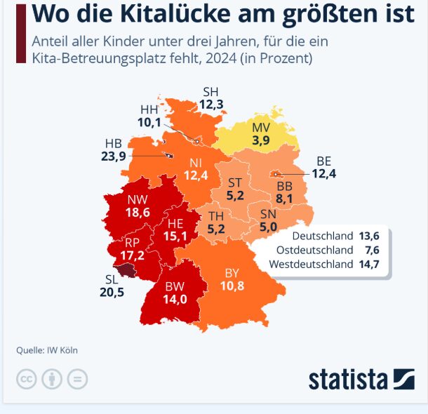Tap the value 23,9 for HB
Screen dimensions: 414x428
pyautogui.click(x=113, y=156)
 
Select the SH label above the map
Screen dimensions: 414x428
pyautogui.click(x=210, y=92)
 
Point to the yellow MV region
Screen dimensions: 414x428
pyautogui.click(x=260, y=134)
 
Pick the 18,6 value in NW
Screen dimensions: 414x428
pyautogui.click(x=138, y=211)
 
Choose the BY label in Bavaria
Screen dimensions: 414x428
pyautogui.click(x=232, y=274)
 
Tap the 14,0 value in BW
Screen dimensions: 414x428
pyautogui.click(x=175, y=298)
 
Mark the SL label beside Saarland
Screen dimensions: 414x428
pyautogui.click(x=111, y=279)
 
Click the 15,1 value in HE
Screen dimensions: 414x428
pyautogui.click(x=175, y=236)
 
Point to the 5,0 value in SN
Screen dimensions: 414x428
pyautogui.click(x=267, y=227)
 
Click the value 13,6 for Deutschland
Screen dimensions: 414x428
pyautogui.click(x=368, y=235)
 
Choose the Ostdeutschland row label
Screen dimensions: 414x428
pyautogui.click(x=314, y=250)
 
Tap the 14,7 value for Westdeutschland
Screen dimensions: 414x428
pyautogui.click(x=368, y=265)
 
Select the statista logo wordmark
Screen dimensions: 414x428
pyautogui.click(x=348, y=380)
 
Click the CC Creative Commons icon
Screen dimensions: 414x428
pyautogui.click(x=26, y=380)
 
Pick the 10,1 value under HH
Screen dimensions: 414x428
pyautogui.click(x=149, y=123)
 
